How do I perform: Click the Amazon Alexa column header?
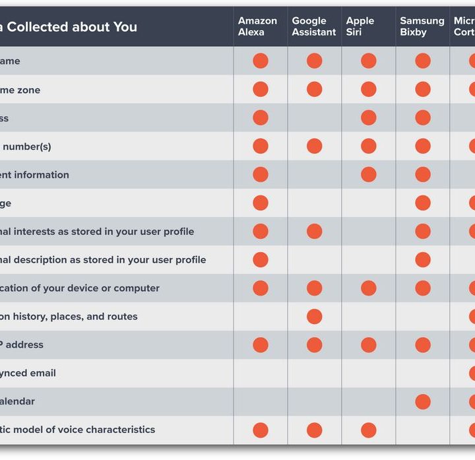257,26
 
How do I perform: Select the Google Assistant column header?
313,26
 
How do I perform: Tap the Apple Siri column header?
360,26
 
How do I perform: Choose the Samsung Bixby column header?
422,26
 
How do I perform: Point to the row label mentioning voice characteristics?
78,430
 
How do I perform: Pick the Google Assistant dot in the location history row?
315,317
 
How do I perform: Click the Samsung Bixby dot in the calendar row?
423,401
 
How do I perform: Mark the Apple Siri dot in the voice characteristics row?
369,430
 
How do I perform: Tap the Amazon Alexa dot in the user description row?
261,260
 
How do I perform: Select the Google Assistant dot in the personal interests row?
315,231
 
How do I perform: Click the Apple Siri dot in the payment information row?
369,174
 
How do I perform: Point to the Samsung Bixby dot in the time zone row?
423,89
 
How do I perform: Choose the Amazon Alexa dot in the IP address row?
261,345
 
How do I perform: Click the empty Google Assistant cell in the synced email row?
315,373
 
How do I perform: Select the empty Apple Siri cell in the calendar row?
369,401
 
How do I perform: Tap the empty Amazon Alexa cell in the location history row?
261,317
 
